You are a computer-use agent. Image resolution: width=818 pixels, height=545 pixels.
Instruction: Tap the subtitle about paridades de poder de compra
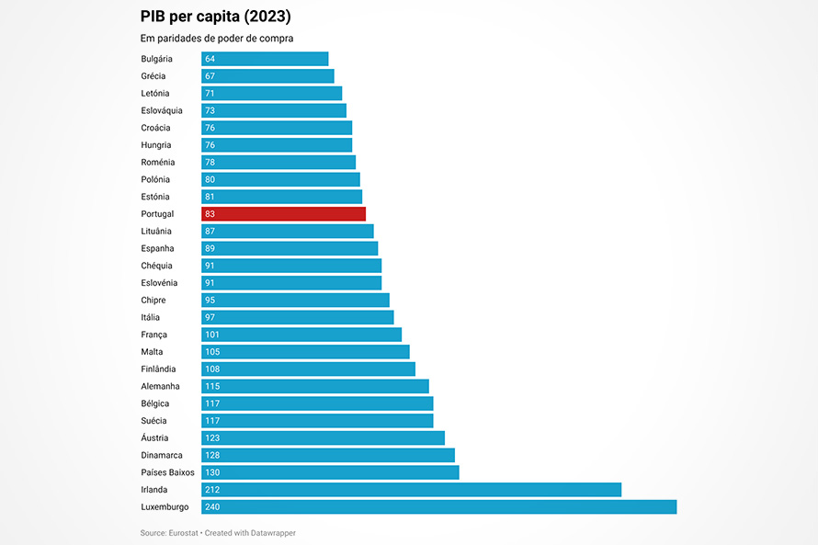[x=222, y=39]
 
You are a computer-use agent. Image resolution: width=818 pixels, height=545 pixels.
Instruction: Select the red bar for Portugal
[x=283, y=214]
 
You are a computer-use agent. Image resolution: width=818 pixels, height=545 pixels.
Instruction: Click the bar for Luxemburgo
[x=438, y=507]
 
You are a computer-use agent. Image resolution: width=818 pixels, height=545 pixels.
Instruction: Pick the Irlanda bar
[x=411, y=490]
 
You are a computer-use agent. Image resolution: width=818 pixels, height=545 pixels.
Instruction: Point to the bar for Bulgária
[x=265, y=59]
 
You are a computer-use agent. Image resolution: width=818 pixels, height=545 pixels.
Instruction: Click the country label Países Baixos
[x=167, y=472]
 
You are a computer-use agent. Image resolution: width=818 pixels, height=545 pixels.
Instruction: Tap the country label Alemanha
[x=160, y=386]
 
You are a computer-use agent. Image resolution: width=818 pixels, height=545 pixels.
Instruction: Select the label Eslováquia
[x=162, y=110]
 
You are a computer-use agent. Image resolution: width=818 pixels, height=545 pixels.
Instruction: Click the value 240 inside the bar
[x=212, y=507]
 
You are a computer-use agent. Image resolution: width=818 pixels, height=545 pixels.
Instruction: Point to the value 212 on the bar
[x=212, y=490]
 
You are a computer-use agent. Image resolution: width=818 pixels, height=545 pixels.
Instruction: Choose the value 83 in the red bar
[x=210, y=214]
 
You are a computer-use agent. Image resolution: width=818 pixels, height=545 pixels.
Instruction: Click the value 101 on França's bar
[x=212, y=335]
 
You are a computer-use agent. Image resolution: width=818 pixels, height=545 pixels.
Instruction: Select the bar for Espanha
[x=290, y=248]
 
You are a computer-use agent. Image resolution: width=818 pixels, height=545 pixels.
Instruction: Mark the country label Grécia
[x=153, y=76]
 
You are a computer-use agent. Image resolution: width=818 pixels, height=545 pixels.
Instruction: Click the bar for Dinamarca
[x=328, y=455]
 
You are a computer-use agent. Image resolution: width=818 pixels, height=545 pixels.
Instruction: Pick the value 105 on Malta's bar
[x=212, y=352]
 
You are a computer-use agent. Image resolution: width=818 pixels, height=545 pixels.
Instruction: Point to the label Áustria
[x=155, y=438]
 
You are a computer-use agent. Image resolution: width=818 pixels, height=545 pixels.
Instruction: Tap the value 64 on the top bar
[x=210, y=59]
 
